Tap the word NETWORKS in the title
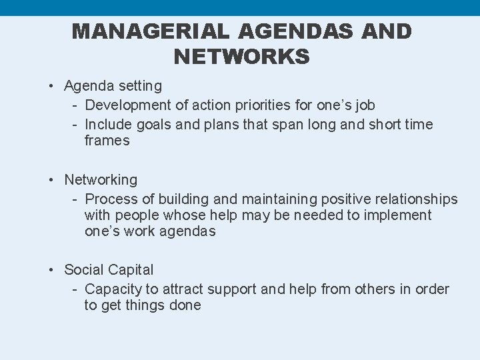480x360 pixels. coord(241,57)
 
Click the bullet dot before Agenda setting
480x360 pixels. coord(51,86)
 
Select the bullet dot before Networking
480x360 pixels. coord(51,180)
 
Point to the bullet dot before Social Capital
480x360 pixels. coord(51,270)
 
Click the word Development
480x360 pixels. coord(126,105)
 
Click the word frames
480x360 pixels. coord(107,141)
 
